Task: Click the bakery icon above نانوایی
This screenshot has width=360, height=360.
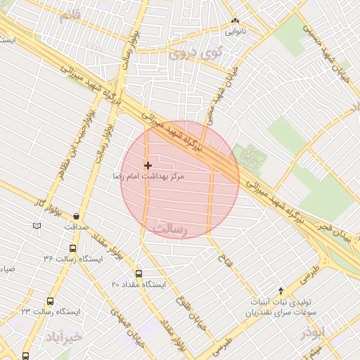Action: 236,22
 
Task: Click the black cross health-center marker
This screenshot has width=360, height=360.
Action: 148,166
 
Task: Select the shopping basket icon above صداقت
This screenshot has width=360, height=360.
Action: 76,216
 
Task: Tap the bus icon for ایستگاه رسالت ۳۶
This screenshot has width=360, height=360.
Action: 72,248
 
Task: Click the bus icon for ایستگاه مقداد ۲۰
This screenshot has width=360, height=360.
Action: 139,274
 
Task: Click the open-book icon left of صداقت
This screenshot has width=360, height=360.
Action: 37,226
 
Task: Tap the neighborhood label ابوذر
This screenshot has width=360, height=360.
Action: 314,330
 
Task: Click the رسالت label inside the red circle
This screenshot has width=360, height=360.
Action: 172,229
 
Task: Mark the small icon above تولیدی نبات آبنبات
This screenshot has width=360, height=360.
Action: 282,290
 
